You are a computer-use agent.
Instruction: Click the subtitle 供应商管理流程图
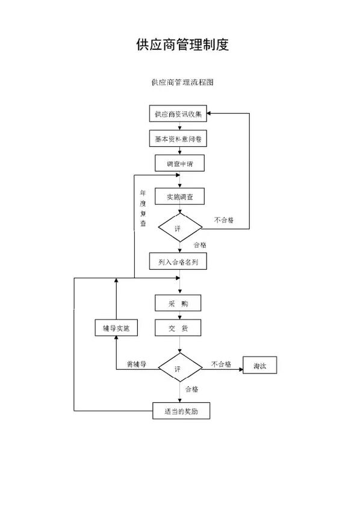coord(182,82)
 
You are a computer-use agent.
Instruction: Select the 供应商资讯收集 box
coord(179,113)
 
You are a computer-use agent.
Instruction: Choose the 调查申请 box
coord(179,164)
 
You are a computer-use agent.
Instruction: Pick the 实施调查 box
coord(179,196)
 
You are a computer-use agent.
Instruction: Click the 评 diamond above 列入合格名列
coord(179,228)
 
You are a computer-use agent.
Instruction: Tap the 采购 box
coord(178,302)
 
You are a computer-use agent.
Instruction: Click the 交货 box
coord(178,328)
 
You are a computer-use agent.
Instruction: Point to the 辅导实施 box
coord(116,328)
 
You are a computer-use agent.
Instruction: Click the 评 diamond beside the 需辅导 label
coord(179,367)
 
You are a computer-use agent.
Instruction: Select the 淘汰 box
coord(259,367)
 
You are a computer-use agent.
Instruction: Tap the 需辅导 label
coord(137,364)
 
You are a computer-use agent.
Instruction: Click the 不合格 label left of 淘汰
coord(221,364)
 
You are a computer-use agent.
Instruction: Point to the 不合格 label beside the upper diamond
coord(223,220)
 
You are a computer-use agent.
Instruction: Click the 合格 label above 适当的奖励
coord(191,389)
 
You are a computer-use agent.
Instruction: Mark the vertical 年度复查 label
coord(143,208)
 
